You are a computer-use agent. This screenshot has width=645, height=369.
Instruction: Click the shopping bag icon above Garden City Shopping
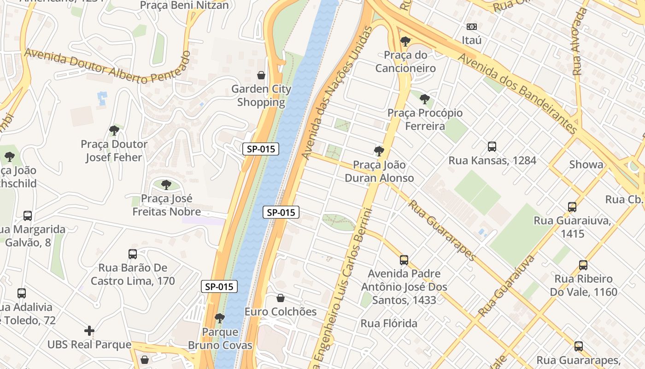[x=261, y=75]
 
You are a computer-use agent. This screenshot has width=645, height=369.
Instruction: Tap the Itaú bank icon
[x=471, y=27]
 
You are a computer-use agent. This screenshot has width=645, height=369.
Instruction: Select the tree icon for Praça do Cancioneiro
[x=405, y=42]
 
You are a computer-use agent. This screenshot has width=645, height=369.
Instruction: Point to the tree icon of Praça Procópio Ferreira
[x=425, y=99]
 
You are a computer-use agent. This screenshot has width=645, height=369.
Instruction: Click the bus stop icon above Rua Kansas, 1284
[x=492, y=147]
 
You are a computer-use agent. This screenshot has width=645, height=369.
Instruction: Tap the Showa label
[x=586, y=165]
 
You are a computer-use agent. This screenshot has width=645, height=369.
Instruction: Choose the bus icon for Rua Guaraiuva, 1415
[x=572, y=207]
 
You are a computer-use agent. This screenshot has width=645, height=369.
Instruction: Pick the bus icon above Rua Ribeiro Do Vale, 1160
[x=583, y=265]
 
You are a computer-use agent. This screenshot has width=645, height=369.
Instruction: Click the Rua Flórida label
[x=389, y=323]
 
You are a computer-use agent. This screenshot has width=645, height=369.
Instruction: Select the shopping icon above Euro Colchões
[x=280, y=298]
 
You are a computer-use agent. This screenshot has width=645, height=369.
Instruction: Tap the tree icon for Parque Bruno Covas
[x=220, y=318]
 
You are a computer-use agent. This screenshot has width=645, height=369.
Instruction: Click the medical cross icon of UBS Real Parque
[x=89, y=331]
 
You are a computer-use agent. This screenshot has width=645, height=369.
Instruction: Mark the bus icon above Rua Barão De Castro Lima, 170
[x=133, y=254]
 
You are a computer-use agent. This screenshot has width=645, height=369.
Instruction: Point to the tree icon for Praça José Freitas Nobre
[x=166, y=185]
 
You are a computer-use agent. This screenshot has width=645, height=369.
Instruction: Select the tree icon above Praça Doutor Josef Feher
[x=114, y=131]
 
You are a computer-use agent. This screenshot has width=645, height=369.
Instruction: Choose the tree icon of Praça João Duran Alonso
[x=379, y=151]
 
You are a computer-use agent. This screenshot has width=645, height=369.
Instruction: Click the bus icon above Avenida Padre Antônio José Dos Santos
[x=404, y=260]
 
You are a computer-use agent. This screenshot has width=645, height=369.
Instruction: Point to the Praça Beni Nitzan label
[x=184, y=5]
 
